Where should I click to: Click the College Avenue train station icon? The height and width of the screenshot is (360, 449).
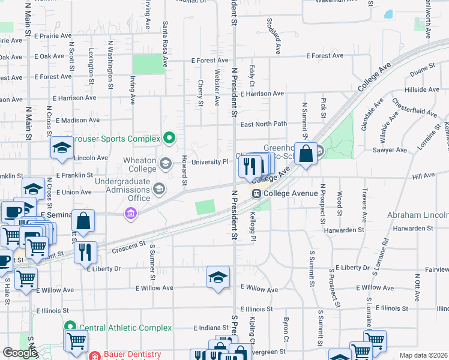pyautogui.click(x=256, y=193)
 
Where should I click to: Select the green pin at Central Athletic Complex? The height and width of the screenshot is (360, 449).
pyautogui.click(x=70, y=328)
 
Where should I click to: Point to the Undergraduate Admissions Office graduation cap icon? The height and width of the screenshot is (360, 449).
pyautogui.click(x=158, y=190)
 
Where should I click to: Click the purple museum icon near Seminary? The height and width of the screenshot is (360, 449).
pyautogui.click(x=130, y=213)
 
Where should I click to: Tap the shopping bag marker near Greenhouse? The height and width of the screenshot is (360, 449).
pyautogui.click(x=306, y=154)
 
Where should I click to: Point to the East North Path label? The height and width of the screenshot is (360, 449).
pyautogui.click(x=264, y=124)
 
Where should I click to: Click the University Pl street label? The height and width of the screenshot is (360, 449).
pyautogui.click(x=209, y=161)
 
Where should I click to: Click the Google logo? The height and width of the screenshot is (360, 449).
pyautogui.click(x=20, y=353)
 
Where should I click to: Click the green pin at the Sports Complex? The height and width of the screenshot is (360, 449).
pyautogui.click(x=169, y=139)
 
